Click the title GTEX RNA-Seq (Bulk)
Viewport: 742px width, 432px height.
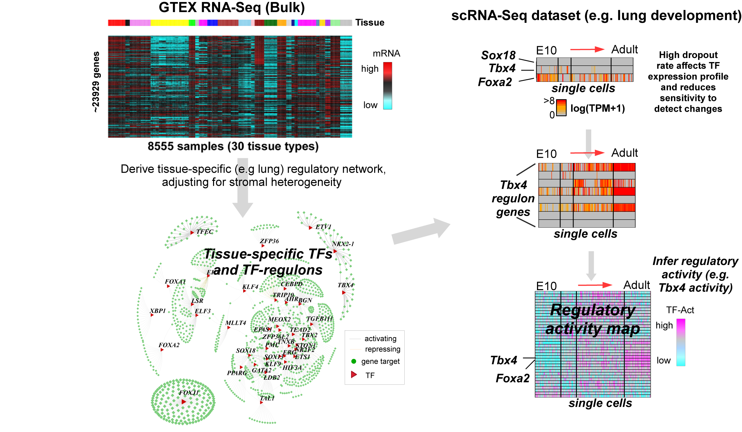[231, 8]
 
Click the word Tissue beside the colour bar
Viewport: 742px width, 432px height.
[369, 22]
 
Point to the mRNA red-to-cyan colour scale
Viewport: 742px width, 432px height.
[387, 86]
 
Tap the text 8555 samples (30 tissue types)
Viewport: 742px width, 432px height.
[233, 146]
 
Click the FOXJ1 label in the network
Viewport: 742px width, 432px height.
[189, 393]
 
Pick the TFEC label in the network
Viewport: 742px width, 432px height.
[205, 232]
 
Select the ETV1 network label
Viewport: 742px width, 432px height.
[323, 227]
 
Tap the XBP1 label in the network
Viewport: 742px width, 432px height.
[158, 311]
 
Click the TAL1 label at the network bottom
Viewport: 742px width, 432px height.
[267, 398]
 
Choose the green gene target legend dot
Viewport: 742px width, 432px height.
[353, 361]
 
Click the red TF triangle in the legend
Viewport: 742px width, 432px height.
[354, 375]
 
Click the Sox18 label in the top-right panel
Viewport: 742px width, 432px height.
[498, 55]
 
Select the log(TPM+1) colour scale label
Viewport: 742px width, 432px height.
[597, 108]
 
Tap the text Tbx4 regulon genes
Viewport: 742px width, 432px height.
[513, 199]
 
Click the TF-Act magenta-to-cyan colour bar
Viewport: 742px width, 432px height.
[681, 342]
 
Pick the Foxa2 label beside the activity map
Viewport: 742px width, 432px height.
[513, 378]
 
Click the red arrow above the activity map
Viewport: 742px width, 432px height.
[595, 285]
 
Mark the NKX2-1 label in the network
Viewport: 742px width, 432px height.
[343, 244]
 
